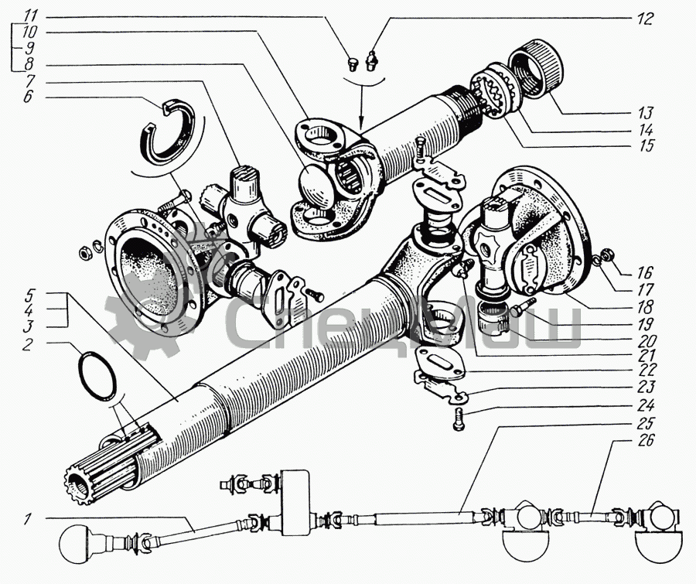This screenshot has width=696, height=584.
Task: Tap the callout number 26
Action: (647, 441)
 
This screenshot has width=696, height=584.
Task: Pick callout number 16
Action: (647, 273)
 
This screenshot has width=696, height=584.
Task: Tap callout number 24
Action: (647, 405)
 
